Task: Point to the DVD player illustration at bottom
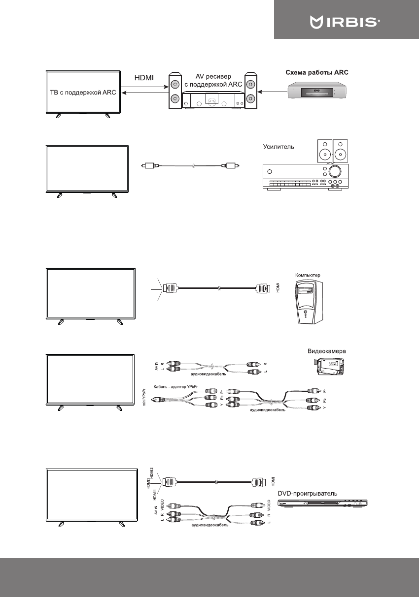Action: click(x=323, y=503)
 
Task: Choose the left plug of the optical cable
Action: click(x=148, y=166)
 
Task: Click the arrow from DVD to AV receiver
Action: click(x=273, y=92)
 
